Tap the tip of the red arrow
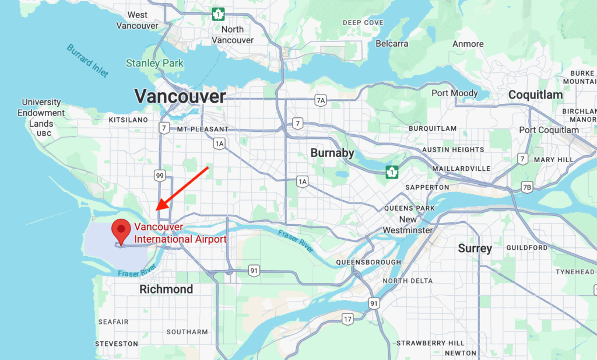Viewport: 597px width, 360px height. point(156,210)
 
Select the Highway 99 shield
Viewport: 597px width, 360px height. point(160,175)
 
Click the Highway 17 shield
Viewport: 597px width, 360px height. point(347,319)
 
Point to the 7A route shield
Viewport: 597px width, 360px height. point(320,100)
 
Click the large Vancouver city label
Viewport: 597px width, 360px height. point(180,96)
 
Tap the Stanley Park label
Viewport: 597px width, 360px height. point(154,63)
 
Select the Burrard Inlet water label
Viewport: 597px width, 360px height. point(87,60)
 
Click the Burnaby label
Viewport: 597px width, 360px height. point(332,153)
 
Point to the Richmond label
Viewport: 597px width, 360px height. point(166,289)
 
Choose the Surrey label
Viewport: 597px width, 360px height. point(475,249)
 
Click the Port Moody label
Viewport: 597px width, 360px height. point(454,93)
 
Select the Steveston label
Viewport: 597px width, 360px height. point(117,344)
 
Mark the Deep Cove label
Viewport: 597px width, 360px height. point(363,23)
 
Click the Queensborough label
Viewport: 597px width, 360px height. point(368,263)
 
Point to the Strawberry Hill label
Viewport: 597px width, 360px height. point(430,342)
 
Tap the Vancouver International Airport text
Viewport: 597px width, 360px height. point(180,233)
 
